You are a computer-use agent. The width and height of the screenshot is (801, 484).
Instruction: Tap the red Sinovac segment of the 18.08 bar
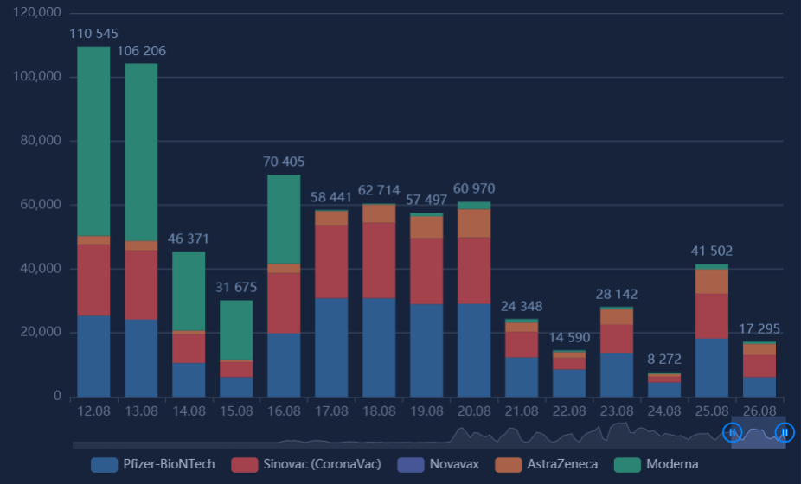pos(379,260)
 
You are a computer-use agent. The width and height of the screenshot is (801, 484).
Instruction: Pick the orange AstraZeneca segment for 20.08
pos(474,223)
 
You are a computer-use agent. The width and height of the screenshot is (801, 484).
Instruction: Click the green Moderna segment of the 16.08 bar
pos(284,220)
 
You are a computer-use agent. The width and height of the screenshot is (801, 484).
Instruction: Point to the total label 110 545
pos(93,34)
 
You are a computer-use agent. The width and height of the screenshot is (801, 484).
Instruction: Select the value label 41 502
pos(712,252)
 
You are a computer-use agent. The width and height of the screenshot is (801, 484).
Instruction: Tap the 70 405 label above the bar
pos(284,162)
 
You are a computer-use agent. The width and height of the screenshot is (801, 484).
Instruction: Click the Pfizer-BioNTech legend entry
pos(152,464)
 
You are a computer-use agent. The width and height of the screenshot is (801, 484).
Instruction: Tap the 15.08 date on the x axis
pos(236,411)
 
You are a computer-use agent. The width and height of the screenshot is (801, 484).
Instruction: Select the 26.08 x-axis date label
pos(759,411)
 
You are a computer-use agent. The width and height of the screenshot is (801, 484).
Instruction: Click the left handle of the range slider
pos(732,432)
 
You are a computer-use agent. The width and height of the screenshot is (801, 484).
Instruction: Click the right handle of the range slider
pos(785,432)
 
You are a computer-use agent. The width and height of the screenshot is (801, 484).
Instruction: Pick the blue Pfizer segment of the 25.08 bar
pos(712,367)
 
